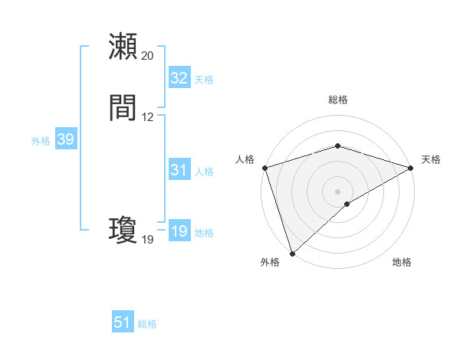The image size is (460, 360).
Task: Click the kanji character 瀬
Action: (x=123, y=47)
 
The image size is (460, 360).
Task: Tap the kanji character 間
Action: (x=123, y=108)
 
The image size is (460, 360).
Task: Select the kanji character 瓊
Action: (x=123, y=231)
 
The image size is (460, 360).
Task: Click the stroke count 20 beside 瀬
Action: (x=148, y=56)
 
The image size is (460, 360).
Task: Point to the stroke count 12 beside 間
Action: (x=148, y=117)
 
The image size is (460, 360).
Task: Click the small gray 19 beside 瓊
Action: (x=148, y=240)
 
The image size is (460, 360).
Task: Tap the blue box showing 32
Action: (x=179, y=78)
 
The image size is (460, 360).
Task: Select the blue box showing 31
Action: (x=179, y=170)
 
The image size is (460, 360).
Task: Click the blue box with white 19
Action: (x=179, y=231)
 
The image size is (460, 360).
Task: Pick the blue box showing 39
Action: (x=65, y=139)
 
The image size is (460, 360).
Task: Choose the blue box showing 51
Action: (x=123, y=322)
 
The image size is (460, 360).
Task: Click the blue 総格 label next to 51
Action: (x=147, y=324)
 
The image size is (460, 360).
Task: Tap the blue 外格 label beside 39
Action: (x=41, y=141)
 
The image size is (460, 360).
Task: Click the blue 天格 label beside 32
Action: (x=204, y=80)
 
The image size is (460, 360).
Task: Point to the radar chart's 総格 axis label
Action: (x=338, y=100)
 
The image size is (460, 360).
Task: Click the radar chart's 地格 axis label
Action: (x=402, y=263)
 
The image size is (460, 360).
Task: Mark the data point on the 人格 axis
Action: (x=264, y=168)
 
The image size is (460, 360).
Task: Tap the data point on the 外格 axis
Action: (x=292, y=253)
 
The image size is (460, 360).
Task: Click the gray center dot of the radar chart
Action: (x=338, y=191)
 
